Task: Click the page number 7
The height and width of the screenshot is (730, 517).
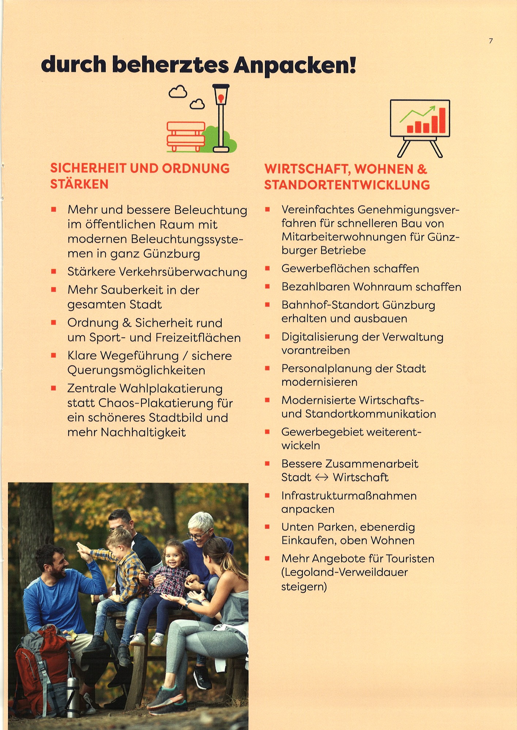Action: point(491,41)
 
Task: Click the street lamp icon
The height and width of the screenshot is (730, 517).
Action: point(221,117)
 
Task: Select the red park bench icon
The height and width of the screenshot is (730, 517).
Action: point(186,137)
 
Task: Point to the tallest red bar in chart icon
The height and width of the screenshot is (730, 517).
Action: point(442,120)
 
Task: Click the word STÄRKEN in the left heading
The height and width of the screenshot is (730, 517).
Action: point(79,184)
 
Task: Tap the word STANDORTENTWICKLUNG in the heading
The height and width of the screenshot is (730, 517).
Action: point(347,185)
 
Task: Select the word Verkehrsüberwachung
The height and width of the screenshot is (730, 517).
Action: point(183,272)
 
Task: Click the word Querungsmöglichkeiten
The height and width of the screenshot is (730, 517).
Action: point(136,370)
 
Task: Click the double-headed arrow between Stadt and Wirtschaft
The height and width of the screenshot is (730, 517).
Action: point(322,477)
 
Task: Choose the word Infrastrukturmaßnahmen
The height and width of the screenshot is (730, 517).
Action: point(349,496)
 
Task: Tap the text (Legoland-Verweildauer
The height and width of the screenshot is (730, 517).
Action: point(345,572)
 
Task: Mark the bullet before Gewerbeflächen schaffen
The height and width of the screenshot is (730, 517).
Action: point(267,269)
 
